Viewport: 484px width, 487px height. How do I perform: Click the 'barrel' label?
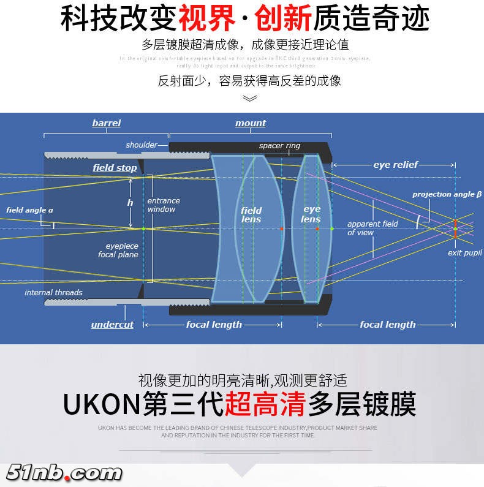point(107,123)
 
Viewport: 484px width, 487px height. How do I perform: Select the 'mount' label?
point(251,123)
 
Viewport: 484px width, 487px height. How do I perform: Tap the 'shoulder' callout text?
point(142,145)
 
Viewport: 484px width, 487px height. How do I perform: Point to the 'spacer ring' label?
point(279,146)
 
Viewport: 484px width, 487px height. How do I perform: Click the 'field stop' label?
point(115,168)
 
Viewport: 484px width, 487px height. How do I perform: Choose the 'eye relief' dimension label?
point(396,165)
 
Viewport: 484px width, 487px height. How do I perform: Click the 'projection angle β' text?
point(447,194)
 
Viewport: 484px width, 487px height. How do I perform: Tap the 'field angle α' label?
point(29,210)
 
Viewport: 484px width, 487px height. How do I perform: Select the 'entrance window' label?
point(164,205)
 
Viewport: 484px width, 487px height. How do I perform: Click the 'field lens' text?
point(251,215)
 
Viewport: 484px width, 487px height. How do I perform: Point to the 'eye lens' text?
point(311,214)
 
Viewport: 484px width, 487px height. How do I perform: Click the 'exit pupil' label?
point(464,253)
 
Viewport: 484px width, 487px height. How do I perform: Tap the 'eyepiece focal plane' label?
point(118,250)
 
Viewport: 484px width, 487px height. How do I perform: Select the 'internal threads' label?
point(53,292)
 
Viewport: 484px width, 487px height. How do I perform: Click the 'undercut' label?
point(112,325)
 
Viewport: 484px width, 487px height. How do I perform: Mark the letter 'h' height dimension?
point(130,203)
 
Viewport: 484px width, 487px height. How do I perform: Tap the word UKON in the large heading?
point(102,404)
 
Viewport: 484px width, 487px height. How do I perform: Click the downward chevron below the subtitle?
point(250,98)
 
